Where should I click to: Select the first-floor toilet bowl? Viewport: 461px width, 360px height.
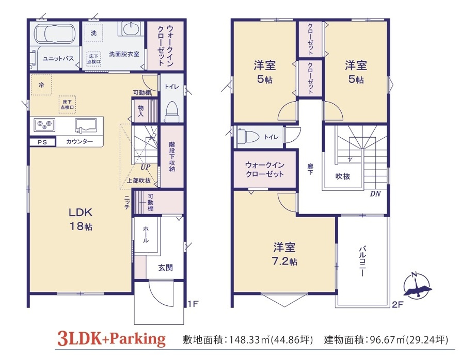click(x=172, y=111)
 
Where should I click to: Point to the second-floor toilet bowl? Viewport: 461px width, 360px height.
click(x=247, y=137)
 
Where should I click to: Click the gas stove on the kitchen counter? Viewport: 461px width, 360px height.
click(x=44, y=125)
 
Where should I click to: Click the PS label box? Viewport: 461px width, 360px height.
click(x=42, y=142)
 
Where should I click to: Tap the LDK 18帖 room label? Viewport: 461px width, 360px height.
click(x=81, y=219)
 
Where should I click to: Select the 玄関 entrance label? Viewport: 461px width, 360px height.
click(x=165, y=268)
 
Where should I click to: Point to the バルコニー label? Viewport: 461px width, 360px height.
click(x=362, y=261)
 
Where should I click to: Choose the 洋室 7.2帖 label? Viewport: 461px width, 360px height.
click(x=284, y=254)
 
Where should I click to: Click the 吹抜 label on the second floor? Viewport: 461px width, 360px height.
click(x=343, y=176)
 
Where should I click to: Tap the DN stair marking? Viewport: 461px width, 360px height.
click(x=375, y=194)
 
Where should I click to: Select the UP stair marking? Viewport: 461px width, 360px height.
click(x=145, y=167)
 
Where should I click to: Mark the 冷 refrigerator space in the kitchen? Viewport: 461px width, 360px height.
click(x=41, y=85)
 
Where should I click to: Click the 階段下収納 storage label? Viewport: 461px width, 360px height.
click(x=172, y=156)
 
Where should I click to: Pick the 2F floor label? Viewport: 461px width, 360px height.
click(x=397, y=304)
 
